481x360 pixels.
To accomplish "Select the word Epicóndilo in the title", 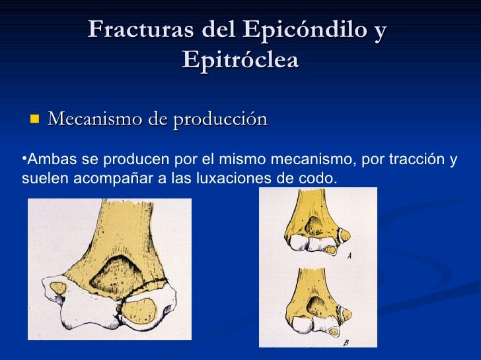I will tap(303, 30).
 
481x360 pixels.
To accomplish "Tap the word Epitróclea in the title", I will tap(240, 60).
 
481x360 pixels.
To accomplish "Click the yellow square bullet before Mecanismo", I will tap(34, 119).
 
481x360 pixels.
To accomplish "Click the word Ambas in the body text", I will tap(44, 160).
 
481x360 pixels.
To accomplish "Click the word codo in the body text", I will tap(321, 178).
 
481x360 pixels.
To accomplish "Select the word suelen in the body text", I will tap(39, 178).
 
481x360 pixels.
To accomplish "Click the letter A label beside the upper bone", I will tap(349, 256).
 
